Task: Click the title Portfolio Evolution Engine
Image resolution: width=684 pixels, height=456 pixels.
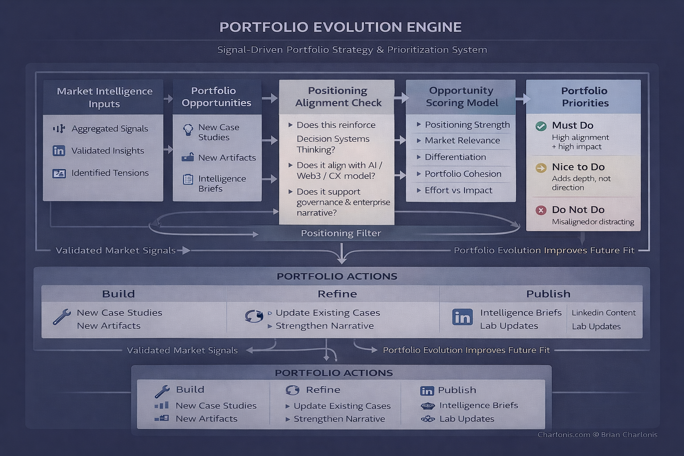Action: (x=340, y=27)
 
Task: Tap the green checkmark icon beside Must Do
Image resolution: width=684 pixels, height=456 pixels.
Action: (x=541, y=126)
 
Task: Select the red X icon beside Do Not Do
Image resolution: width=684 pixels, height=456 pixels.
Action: (x=541, y=210)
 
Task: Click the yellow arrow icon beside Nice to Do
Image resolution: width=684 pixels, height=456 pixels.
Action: (x=541, y=168)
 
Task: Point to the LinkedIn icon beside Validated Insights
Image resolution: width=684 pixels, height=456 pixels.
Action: (x=59, y=151)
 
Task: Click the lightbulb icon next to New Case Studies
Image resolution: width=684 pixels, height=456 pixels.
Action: (x=188, y=130)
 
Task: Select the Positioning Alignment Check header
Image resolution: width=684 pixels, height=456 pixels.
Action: (x=338, y=97)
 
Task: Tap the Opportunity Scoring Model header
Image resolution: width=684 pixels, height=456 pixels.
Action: (x=461, y=97)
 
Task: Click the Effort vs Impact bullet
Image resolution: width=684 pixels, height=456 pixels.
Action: (x=458, y=190)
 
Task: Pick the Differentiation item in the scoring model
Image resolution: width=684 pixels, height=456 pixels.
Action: (x=455, y=157)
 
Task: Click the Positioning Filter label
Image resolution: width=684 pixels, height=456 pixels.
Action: (x=341, y=233)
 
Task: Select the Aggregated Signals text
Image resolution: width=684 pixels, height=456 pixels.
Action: (x=110, y=129)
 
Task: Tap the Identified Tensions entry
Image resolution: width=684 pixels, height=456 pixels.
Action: (x=110, y=173)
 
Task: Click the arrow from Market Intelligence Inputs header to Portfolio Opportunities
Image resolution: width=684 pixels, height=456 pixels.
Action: (x=168, y=98)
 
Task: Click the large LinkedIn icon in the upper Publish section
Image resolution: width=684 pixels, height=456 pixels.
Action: (x=462, y=317)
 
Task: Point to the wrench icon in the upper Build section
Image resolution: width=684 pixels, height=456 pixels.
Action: (x=61, y=317)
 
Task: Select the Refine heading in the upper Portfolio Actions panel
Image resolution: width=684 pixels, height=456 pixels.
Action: (x=337, y=294)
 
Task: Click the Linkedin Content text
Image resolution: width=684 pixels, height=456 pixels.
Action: (x=603, y=313)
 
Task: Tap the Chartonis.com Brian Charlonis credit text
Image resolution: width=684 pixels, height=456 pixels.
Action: (x=597, y=435)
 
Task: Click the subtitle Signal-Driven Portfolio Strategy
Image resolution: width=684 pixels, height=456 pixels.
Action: (x=352, y=49)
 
